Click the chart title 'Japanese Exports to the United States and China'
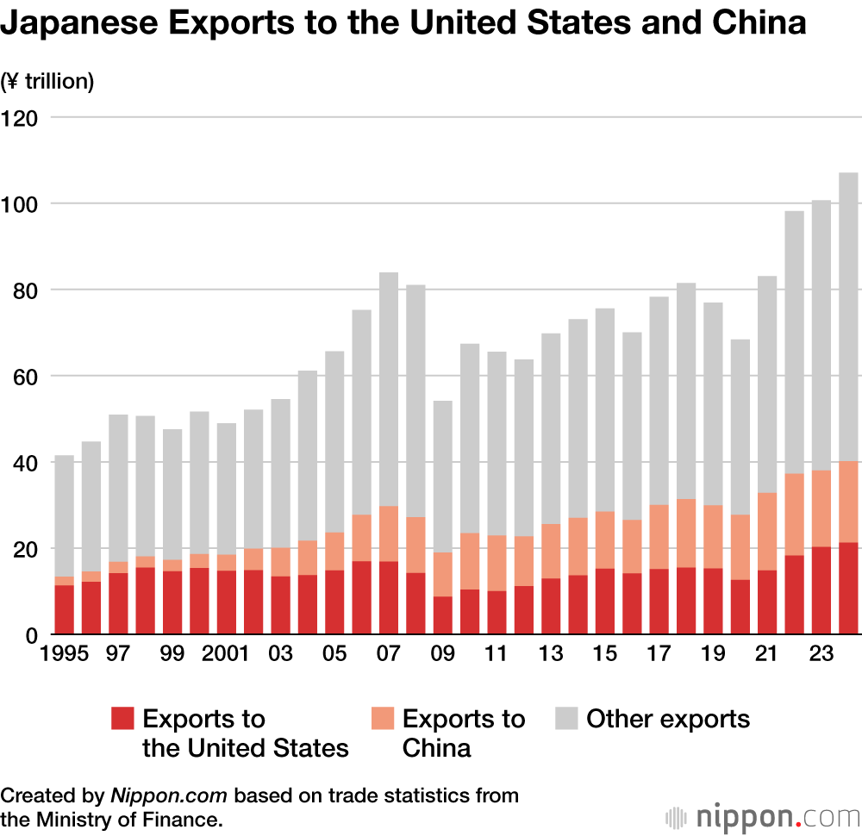tap(403, 23)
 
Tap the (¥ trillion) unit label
tap(47, 82)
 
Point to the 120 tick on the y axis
tap(21, 117)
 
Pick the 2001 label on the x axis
tap(226, 654)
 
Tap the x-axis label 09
tap(443, 654)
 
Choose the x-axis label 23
tap(821, 654)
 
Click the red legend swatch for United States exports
tap(123, 719)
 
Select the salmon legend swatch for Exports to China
tap(382, 719)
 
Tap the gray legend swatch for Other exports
tap(566, 719)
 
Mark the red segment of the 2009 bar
tap(443, 615)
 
